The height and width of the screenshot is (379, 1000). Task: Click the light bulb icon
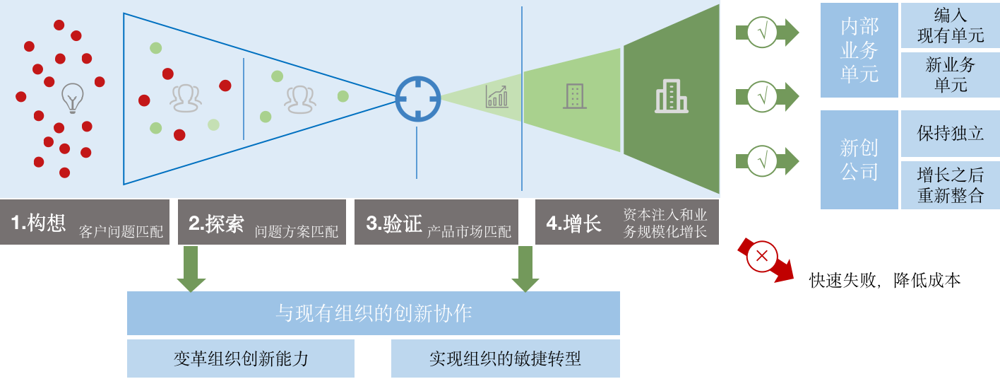click(x=72, y=98)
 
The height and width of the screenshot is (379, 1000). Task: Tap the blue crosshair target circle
click(x=417, y=99)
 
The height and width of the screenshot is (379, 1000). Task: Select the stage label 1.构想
click(x=39, y=223)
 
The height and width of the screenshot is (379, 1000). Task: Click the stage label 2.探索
click(x=216, y=223)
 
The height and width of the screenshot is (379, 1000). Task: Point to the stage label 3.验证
click(x=394, y=223)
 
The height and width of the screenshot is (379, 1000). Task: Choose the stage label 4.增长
click(x=573, y=223)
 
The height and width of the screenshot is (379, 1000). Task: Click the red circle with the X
click(x=761, y=257)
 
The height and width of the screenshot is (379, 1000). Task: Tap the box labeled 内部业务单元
click(x=859, y=50)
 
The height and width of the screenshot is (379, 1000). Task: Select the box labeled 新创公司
click(x=859, y=160)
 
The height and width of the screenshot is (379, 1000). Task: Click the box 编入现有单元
click(x=950, y=25)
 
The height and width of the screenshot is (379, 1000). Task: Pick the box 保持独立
click(x=950, y=134)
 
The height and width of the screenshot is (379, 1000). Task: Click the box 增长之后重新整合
click(x=950, y=185)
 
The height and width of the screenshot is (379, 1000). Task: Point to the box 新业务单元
click(x=950, y=75)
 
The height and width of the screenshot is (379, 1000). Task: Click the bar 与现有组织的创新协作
click(x=373, y=313)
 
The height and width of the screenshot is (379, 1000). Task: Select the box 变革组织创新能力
click(x=241, y=358)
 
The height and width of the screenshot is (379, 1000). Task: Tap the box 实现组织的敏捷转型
click(x=505, y=358)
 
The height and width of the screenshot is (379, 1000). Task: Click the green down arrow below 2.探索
click(x=191, y=269)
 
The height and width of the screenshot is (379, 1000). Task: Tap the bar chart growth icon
click(x=496, y=96)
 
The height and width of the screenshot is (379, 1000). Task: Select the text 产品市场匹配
click(x=469, y=231)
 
